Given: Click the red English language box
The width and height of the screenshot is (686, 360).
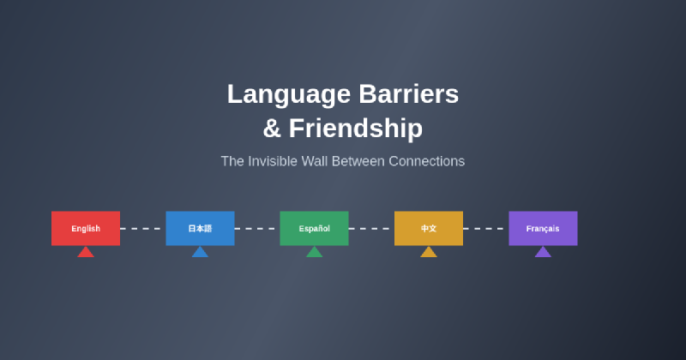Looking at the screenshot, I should [x=86, y=228].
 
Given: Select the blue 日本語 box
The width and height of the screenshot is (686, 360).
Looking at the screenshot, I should [x=200, y=228].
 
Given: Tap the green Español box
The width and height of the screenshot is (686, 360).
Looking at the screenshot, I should [x=314, y=228].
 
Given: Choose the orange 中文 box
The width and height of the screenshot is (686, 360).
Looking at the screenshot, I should [x=429, y=228].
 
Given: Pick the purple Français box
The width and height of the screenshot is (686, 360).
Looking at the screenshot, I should [x=543, y=228].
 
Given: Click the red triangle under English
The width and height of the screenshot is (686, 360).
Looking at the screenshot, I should [x=86, y=252].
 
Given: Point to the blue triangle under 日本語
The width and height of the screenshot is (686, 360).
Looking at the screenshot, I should [x=200, y=252].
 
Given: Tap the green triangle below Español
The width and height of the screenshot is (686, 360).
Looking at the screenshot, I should [x=314, y=252].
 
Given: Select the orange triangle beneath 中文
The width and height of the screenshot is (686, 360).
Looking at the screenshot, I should [x=429, y=252].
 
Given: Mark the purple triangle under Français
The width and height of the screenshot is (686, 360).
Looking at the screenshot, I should [x=543, y=252].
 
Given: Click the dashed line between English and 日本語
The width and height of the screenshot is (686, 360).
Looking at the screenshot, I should [x=142, y=229].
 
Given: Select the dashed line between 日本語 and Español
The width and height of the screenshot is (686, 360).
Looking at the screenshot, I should [x=256, y=229].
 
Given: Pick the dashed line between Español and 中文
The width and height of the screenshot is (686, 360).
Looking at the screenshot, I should [x=371, y=229].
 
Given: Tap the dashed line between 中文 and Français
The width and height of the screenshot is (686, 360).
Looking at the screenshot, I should [x=485, y=229].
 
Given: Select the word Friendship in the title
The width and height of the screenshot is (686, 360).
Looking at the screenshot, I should [x=355, y=129].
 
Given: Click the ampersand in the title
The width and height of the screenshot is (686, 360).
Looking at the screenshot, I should [x=272, y=129].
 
